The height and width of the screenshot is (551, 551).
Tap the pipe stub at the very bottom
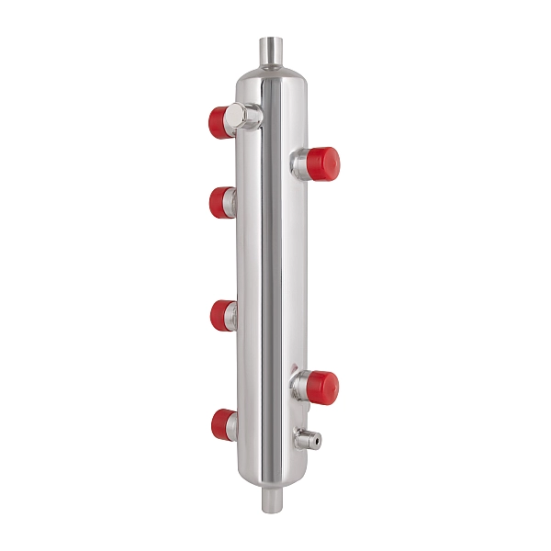click(x=273, y=500)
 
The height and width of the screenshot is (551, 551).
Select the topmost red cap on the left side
click(x=219, y=121)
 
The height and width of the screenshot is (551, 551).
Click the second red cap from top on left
click(x=220, y=202)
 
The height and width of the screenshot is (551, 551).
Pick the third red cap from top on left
click(x=221, y=315)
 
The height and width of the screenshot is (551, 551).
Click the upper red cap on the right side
click(x=323, y=162)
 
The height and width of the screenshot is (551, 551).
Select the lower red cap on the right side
click(x=322, y=387)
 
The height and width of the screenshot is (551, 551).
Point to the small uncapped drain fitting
click(x=308, y=440)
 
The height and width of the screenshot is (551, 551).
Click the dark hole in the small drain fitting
click(x=317, y=442)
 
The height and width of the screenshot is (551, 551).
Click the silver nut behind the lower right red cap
click(x=300, y=387)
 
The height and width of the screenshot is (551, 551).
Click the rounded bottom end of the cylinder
click(x=273, y=478)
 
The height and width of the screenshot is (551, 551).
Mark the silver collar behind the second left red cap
click(x=233, y=201)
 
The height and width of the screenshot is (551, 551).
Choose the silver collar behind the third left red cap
click(x=234, y=315)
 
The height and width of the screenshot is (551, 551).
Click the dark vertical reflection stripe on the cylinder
click(x=267, y=275)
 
